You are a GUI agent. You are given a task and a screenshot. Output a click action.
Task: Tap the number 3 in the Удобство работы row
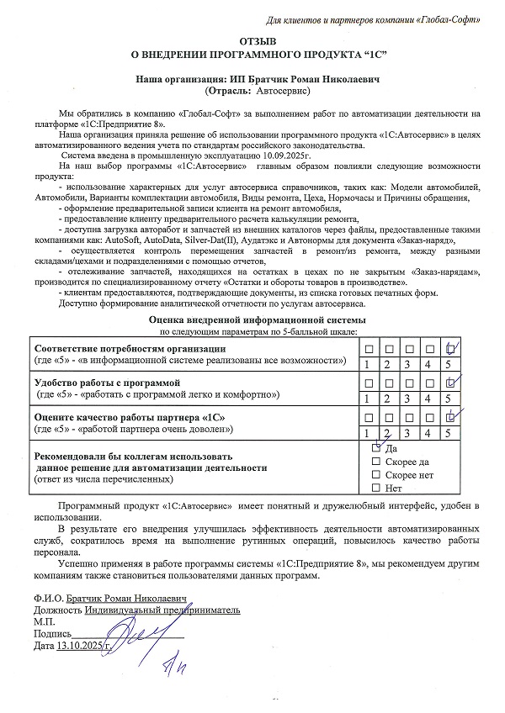click(407, 398)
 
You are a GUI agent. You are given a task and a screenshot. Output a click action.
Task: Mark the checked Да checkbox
click(376, 448)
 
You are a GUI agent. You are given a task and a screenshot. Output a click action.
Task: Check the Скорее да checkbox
click(376, 462)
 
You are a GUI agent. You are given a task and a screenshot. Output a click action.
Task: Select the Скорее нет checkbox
click(376, 475)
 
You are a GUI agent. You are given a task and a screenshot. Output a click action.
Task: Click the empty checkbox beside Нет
click(376, 488)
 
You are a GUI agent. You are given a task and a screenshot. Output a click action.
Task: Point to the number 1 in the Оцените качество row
click(367, 432)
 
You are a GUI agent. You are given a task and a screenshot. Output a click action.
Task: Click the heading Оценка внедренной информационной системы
click(257, 321)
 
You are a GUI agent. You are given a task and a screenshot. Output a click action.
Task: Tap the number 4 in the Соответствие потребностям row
click(428, 364)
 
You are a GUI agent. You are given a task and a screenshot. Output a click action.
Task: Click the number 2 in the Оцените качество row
click(387, 432)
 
